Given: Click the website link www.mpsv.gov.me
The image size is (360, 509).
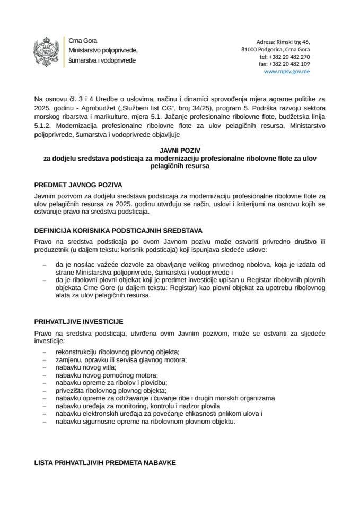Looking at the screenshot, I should [x=286, y=71].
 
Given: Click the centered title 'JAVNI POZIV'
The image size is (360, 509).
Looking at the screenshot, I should [x=179, y=151].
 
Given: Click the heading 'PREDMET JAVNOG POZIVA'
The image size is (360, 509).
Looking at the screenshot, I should [x=78, y=185].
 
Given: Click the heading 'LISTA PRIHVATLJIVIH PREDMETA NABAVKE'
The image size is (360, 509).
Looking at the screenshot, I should [x=104, y=462].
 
